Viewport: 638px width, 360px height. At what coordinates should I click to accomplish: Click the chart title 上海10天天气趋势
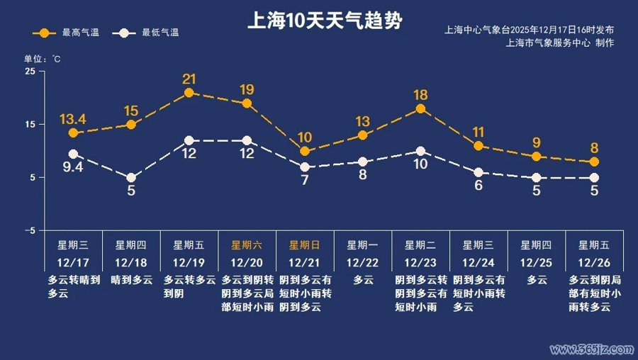[x=325, y=21]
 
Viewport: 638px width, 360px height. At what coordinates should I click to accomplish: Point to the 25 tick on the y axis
[x=30, y=72]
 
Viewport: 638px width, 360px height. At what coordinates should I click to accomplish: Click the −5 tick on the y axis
[x=29, y=231]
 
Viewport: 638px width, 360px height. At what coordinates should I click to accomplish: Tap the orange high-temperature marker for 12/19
[x=189, y=93]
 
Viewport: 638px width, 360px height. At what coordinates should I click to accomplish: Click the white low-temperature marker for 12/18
[x=131, y=178]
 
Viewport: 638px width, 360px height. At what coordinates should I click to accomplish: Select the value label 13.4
[x=73, y=118]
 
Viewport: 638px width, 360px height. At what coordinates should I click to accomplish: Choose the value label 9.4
[x=73, y=167]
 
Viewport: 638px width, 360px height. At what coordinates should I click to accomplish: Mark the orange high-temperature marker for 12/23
[x=420, y=108]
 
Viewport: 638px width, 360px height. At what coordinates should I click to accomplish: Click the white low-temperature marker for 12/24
[x=478, y=172]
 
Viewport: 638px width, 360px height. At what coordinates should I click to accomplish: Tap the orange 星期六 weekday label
[x=247, y=245]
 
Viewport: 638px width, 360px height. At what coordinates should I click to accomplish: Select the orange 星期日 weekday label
[x=305, y=245]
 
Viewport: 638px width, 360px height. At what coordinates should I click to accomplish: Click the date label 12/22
[x=363, y=263]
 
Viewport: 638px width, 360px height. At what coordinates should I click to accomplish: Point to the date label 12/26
[x=595, y=263]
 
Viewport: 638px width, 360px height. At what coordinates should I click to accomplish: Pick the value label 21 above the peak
[x=189, y=79]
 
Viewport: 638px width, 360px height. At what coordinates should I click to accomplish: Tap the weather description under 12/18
[x=132, y=280]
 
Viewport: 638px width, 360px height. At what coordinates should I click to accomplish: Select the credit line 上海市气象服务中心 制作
[x=560, y=43]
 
